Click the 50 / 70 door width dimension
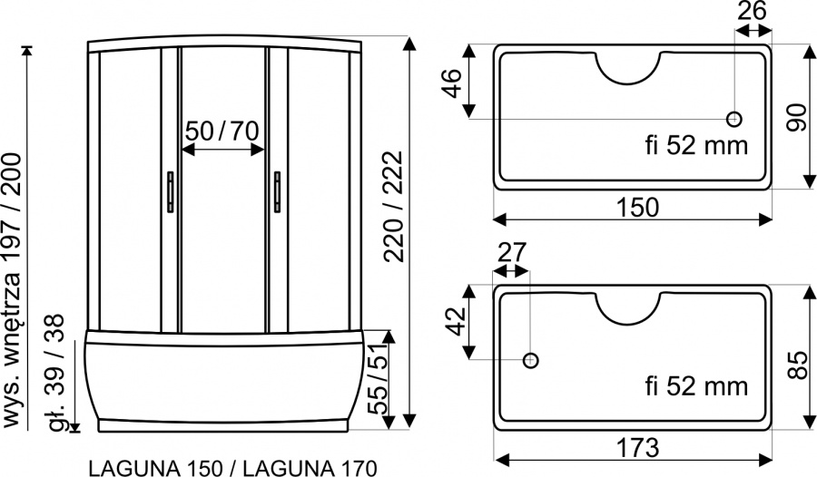[222, 131]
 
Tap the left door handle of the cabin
[171, 192]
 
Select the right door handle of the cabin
[277, 192]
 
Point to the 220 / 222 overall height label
[393, 206]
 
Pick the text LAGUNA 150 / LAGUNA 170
[233, 468]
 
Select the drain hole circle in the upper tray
[734, 120]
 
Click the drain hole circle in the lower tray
[530, 360]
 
